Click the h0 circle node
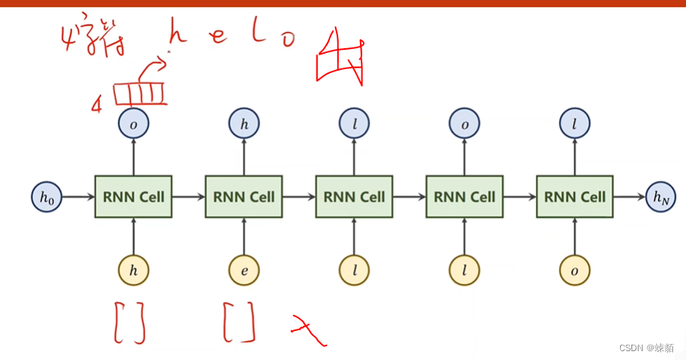tap(45, 196)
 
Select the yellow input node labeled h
tap(133, 271)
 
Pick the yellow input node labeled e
tap(243, 271)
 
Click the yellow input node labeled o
tap(574, 271)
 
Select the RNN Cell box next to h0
tap(133, 196)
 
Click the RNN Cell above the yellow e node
tap(243, 196)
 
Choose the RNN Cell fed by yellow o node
tap(574, 196)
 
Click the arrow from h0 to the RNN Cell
tap(77, 196)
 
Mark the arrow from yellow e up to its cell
tap(243, 236)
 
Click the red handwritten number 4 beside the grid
tap(97, 105)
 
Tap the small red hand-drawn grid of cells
tap(139, 95)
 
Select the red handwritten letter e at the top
tap(218, 37)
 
